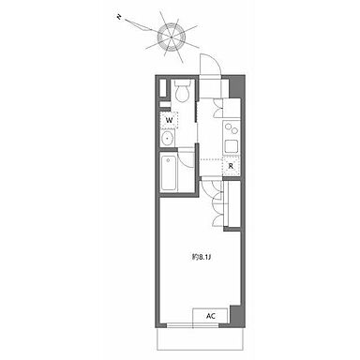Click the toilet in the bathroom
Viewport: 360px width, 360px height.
click(182, 91)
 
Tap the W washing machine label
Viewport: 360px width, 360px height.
click(169, 120)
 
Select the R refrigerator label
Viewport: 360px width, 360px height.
click(231, 166)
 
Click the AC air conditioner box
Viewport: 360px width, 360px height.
click(211, 316)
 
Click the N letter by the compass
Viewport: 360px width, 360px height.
click(119, 17)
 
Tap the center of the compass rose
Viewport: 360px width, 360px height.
click(172, 37)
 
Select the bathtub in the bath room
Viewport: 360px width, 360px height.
click(169, 173)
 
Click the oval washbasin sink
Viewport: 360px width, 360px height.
click(168, 138)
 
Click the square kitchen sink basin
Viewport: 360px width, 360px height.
click(232, 146)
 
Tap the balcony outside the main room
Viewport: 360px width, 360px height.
click(200, 338)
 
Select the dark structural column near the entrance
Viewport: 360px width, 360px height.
click(236, 87)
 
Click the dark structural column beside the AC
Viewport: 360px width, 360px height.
click(236, 315)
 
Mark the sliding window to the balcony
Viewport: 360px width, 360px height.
click(192, 325)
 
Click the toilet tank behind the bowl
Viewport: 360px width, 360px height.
click(182, 83)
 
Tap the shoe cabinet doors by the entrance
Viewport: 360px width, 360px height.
click(217, 108)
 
